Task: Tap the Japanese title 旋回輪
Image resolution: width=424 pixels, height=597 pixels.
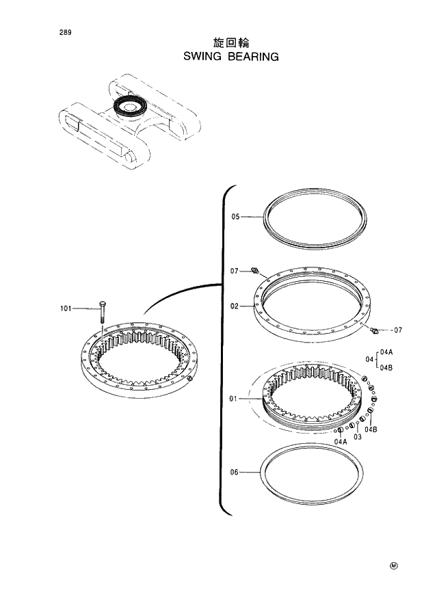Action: pyautogui.click(x=231, y=43)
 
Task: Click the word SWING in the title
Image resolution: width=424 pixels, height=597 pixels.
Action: pyautogui.click(x=203, y=57)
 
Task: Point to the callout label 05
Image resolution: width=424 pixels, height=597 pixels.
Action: pyautogui.click(x=235, y=217)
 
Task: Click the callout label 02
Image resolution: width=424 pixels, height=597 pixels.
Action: pyautogui.click(x=235, y=306)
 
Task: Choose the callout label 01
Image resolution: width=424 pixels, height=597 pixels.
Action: pyautogui.click(x=234, y=398)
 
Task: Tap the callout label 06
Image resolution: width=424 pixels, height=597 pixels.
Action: pyautogui.click(x=234, y=472)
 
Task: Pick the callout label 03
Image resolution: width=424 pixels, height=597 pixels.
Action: pyautogui.click(x=357, y=438)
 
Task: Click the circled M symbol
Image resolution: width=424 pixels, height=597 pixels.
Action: pyautogui.click(x=393, y=566)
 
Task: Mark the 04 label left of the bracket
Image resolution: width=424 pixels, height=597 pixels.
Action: pyautogui.click(x=369, y=359)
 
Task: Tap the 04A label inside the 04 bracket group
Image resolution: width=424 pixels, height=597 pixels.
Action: pyautogui.click(x=386, y=352)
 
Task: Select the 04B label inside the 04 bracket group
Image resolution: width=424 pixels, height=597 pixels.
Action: pyautogui.click(x=386, y=367)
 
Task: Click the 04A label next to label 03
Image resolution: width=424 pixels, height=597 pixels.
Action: pyautogui.click(x=341, y=442)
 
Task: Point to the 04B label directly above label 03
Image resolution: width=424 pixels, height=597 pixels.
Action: pyautogui.click(x=371, y=429)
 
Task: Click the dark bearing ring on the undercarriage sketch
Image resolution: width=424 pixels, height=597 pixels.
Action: pyautogui.click(x=127, y=105)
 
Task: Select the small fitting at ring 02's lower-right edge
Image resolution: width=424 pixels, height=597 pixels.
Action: pyautogui.click(x=373, y=331)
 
